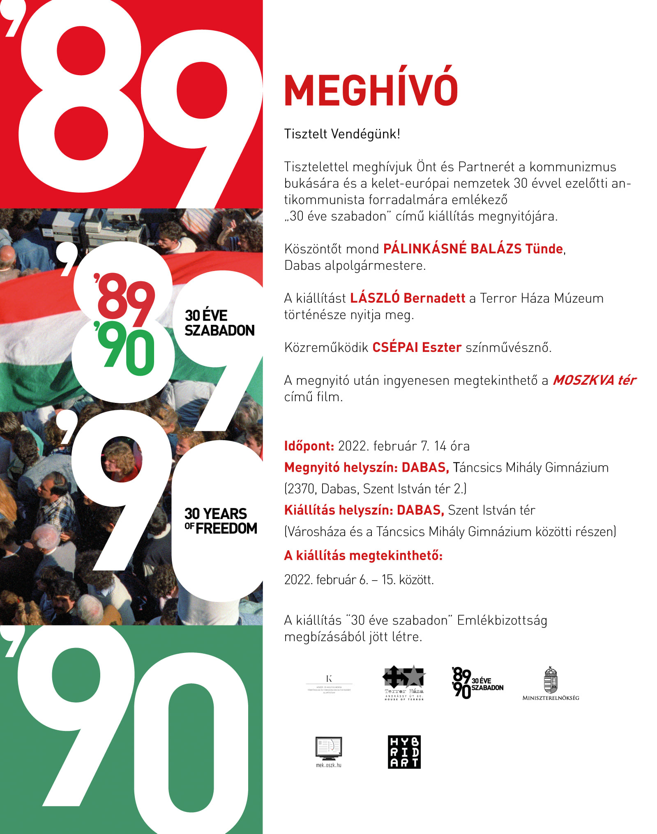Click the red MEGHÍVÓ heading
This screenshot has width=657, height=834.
point(371,90)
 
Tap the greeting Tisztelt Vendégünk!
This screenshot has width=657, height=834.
point(342,134)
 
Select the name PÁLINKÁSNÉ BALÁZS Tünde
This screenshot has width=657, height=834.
point(473,249)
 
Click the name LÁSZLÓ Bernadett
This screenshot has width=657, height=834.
point(407,298)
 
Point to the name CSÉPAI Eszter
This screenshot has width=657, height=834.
point(417,347)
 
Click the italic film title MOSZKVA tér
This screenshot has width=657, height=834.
point(594,380)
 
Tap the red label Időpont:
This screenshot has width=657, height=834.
point(309,446)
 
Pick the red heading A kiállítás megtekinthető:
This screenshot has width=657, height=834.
point(363,556)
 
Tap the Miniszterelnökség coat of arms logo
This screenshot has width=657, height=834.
point(551,683)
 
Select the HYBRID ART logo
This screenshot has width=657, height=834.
point(404,752)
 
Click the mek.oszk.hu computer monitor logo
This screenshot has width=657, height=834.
point(328,750)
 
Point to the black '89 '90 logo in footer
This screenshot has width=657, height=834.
point(477,683)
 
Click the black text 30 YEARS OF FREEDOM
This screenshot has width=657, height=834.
point(220,521)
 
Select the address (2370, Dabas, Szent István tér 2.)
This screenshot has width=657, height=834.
point(375,489)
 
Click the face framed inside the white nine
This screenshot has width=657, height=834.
point(120,459)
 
